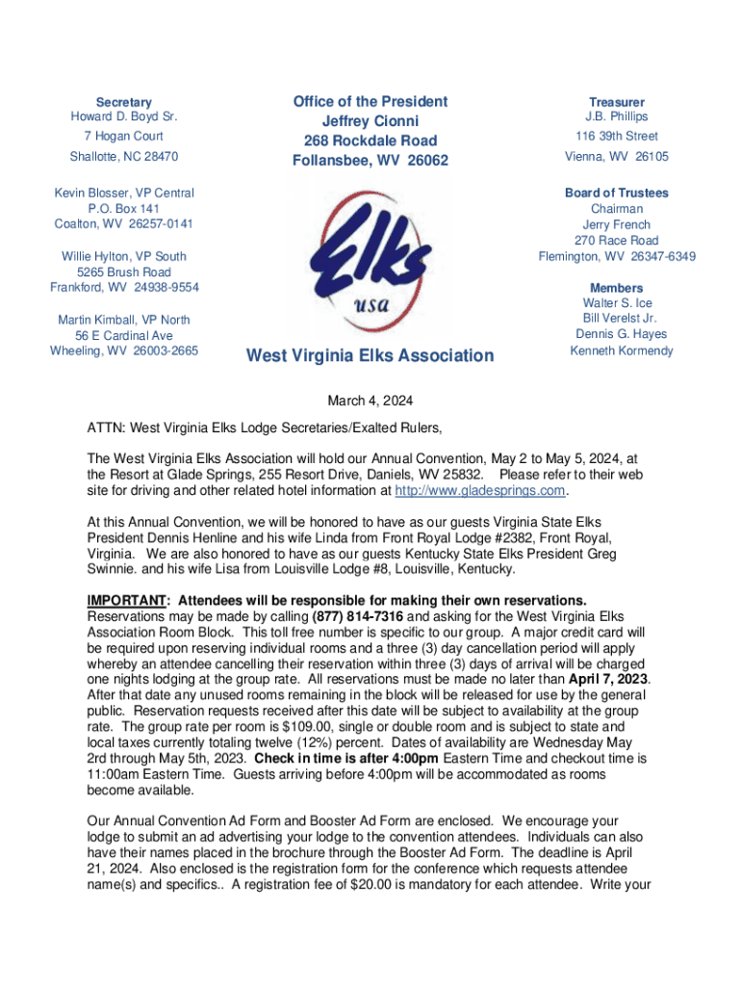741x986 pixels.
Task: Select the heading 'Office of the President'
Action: pyautogui.click(x=370, y=101)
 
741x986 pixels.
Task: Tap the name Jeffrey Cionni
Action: pyautogui.click(x=370, y=121)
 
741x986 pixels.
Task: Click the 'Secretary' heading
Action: pyautogui.click(x=123, y=102)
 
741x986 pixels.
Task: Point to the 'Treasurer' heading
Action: pyautogui.click(x=617, y=102)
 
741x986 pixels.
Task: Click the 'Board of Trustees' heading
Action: pyautogui.click(x=617, y=193)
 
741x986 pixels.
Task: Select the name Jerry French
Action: pyautogui.click(x=617, y=224)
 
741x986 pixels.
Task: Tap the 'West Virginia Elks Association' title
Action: pyautogui.click(x=370, y=356)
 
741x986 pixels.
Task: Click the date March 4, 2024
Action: pyautogui.click(x=370, y=402)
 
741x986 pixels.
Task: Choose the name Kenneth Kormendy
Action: pyautogui.click(x=622, y=350)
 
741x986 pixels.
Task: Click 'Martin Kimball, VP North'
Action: pyautogui.click(x=124, y=319)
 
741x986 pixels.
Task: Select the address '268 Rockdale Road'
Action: pyautogui.click(x=370, y=141)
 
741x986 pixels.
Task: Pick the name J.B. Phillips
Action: pyautogui.click(x=617, y=117)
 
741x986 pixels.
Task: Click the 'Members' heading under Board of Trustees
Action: pyautogui.click(x=617, y=288)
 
